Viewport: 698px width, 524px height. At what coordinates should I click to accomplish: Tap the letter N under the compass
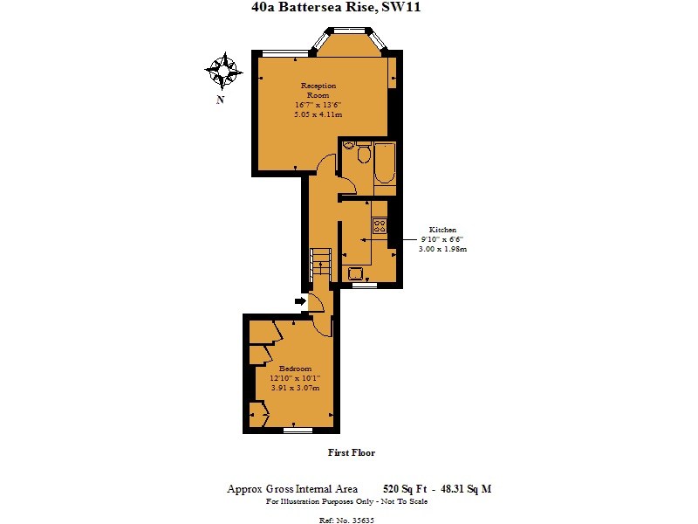pyautogui.click(x=221, y=100)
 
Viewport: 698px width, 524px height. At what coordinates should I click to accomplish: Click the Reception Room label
pyautogui.click(x=318, y=90)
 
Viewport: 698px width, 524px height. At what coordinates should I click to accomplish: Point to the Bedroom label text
pyautogui.click(x=295, y=369)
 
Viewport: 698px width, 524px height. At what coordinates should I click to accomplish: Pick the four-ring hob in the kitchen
pyautogui.click(x=380, y=224)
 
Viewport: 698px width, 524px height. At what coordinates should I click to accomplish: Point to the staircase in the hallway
pyautogui.click(x=322, y=259)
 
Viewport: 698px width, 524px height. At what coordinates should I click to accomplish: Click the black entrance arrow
pyautogui.click(x=300, y=301)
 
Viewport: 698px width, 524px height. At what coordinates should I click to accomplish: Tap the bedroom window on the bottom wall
pyautogui.click(x=298, y=431)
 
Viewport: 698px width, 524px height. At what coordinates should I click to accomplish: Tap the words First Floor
pyautogui.click(x=351, y=452)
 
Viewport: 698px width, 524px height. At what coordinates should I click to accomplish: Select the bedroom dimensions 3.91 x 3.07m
pyautogui.click(x=295, y=388)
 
